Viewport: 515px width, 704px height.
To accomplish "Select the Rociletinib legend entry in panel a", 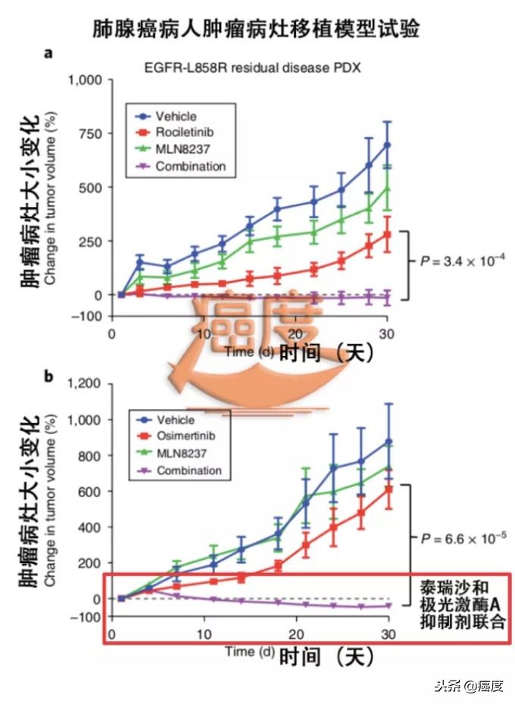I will (178, 133).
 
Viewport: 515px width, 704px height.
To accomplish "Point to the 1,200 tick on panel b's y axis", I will (85, 383).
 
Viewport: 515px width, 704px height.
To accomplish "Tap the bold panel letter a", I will (48, 52).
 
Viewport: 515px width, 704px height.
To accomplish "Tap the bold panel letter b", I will (48, 376).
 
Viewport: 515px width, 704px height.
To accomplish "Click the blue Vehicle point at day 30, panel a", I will (387, 145).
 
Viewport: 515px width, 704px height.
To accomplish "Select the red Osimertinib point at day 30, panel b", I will (389, 489).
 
